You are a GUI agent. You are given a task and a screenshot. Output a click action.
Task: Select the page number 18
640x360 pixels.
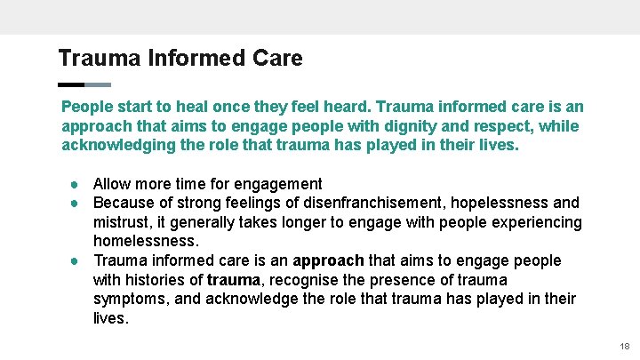point(624,346)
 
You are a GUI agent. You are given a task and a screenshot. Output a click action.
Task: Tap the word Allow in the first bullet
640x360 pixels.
point(113,184)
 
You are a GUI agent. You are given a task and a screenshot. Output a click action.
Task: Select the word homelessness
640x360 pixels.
point(145,241)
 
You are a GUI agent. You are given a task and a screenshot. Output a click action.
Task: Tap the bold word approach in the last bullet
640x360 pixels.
point(328,260)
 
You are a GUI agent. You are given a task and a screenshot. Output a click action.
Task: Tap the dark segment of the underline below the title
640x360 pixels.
point(70,85)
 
